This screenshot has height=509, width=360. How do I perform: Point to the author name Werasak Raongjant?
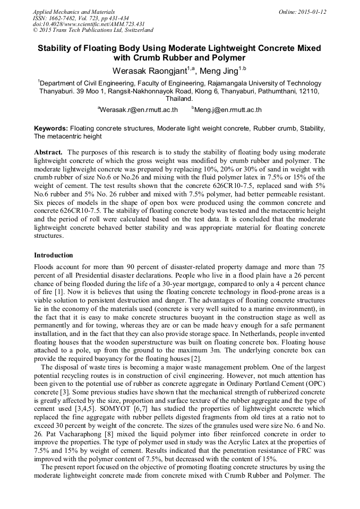tap(148, 71)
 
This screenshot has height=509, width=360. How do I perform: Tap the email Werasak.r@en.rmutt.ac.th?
tap(139, 110)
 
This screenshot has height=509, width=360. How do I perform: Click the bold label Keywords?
tap(51, 128)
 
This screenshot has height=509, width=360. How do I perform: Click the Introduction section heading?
tap(54, 255)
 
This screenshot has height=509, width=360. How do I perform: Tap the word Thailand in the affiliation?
tap(179, 99)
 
